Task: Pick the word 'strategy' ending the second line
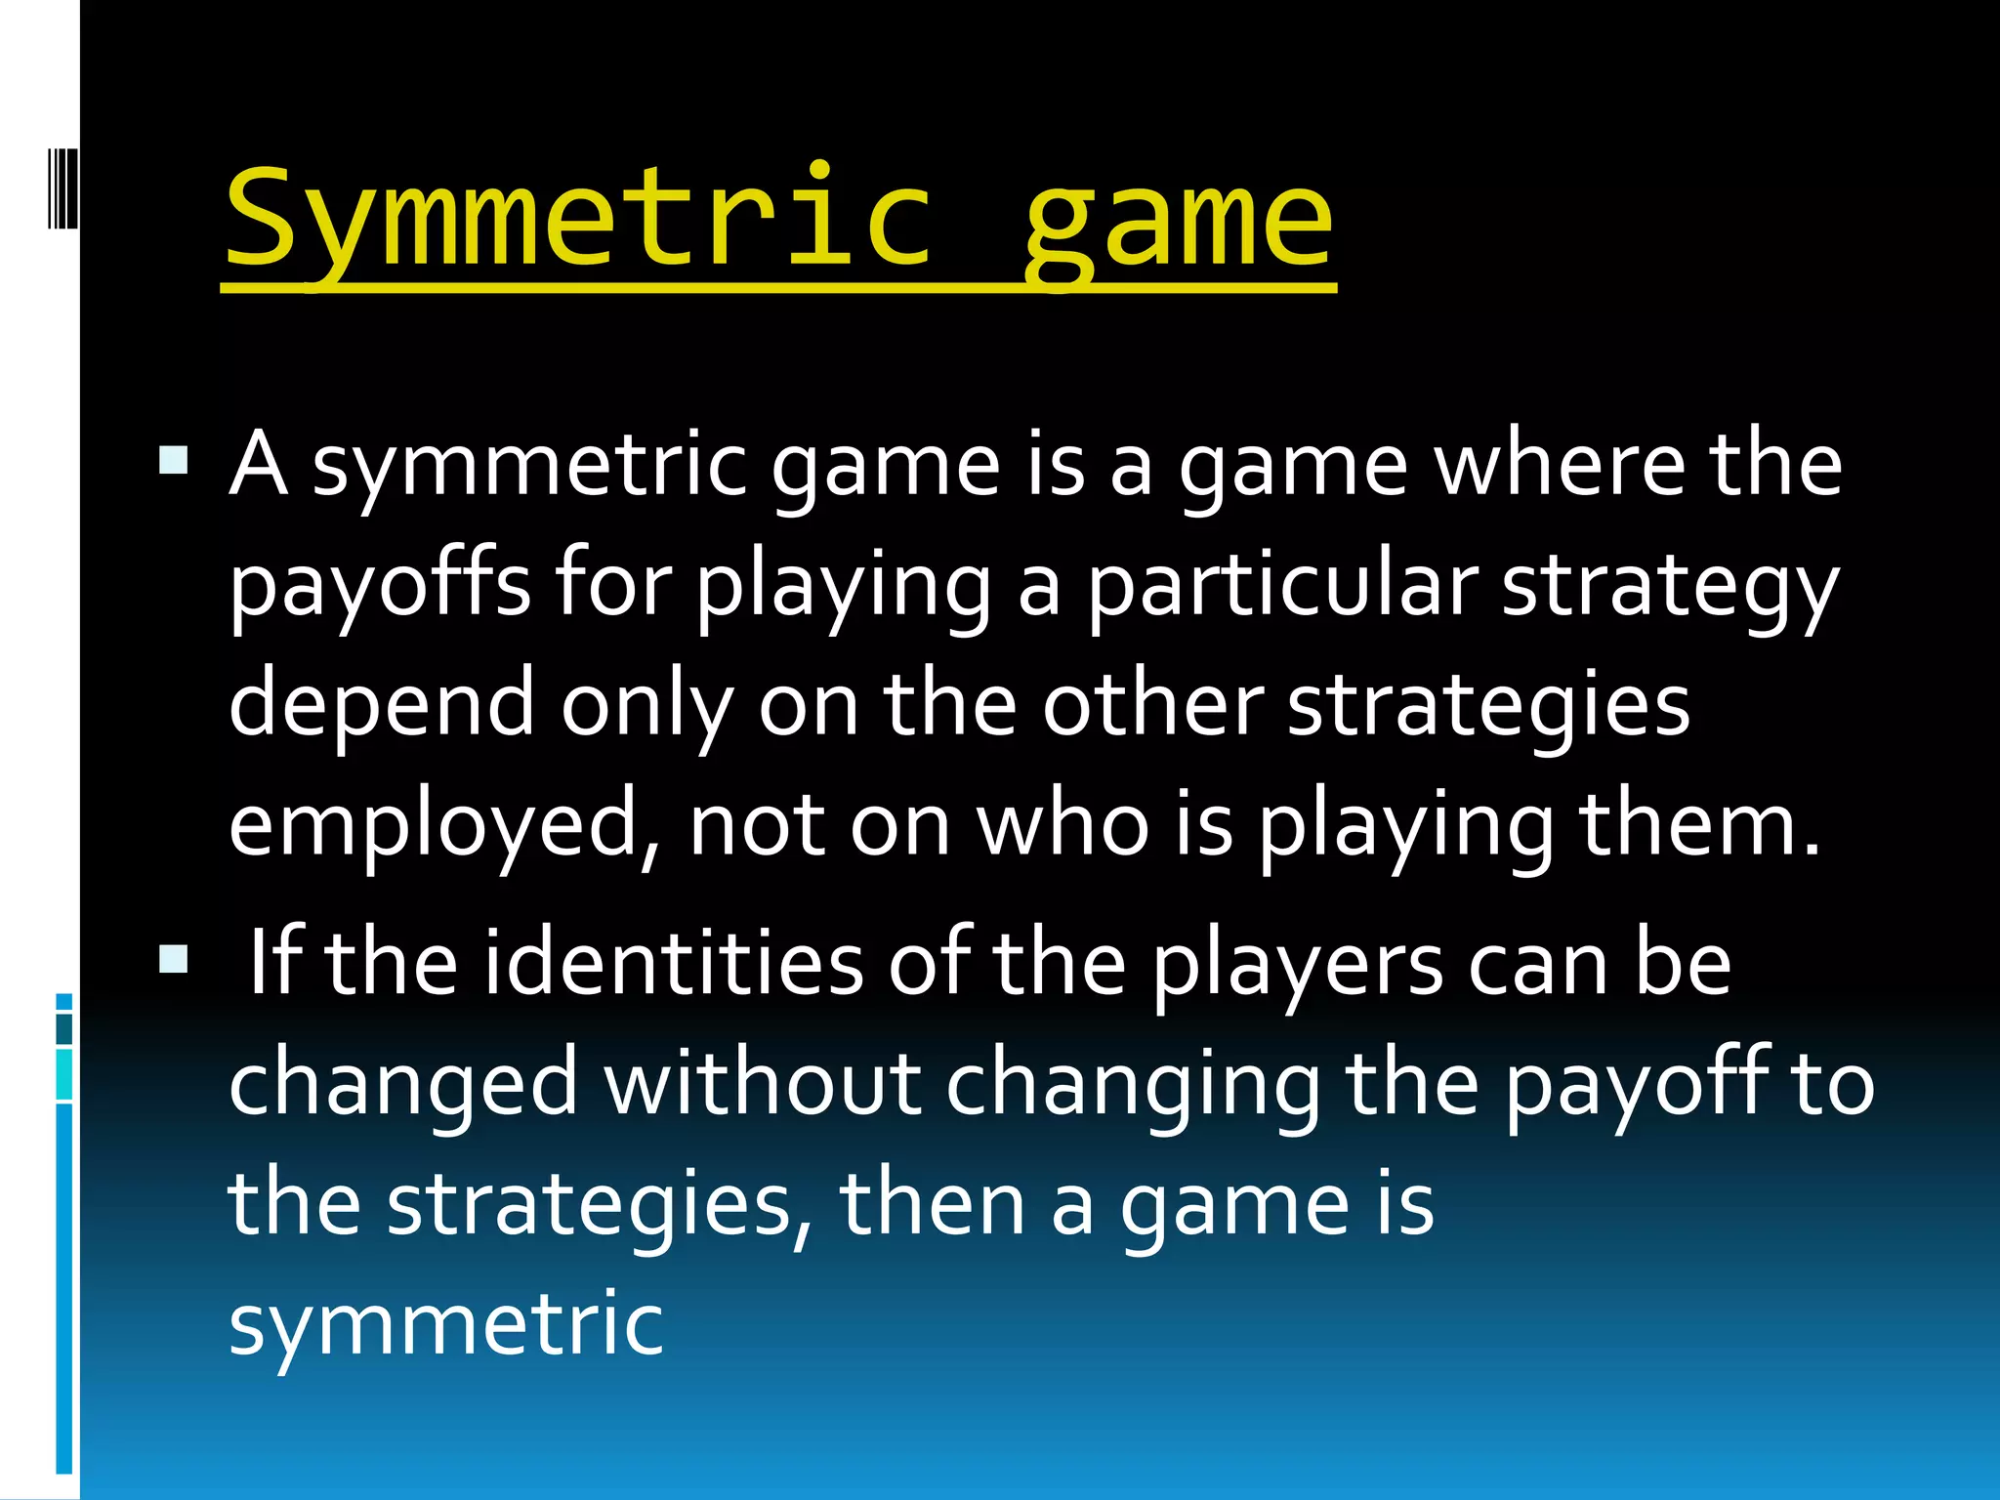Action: (x=1669, y=589)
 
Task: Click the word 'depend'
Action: (x=382, y=705)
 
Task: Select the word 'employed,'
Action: (x=445, y=826)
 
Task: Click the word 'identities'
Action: (x=673, y=963)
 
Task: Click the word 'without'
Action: (x=763, y=1083)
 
